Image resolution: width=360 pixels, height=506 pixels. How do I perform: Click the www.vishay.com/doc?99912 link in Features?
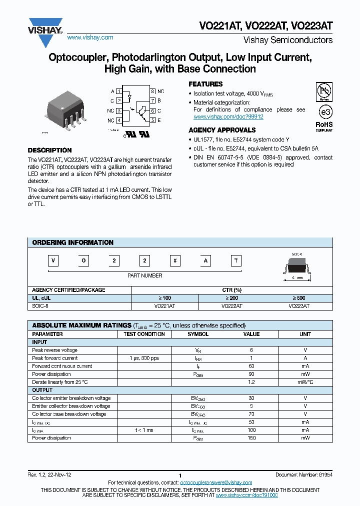pos(228,116)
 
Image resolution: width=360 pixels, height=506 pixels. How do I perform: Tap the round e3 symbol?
pos(324,111)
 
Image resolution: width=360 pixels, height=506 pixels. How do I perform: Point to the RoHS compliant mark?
pos(324,125)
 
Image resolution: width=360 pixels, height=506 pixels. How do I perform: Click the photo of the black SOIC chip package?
pos(65,111)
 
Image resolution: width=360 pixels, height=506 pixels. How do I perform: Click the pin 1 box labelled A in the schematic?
pos(118,91)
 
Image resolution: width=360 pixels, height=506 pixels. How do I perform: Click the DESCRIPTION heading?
pos(49,150)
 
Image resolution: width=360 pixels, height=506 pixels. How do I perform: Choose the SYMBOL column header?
pos(198,334)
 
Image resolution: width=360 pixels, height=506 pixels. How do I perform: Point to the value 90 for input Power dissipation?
pos(251,374)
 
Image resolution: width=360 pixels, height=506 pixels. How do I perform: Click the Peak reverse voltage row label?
pos(55,350)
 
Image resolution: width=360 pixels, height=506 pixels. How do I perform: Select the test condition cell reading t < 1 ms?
pos(144,430)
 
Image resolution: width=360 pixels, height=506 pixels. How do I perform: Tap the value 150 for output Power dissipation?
pos(251,438)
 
